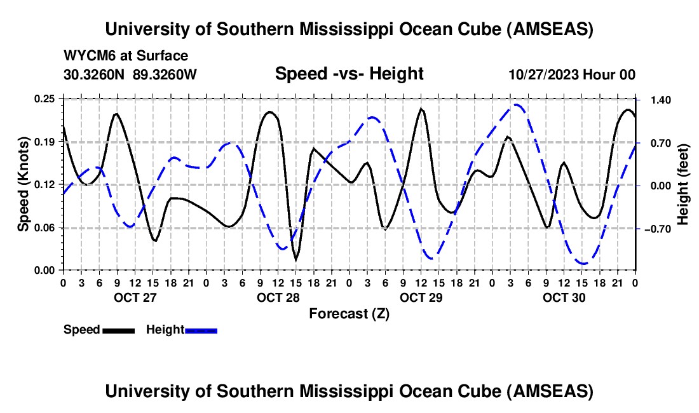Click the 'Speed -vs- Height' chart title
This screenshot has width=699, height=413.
349,74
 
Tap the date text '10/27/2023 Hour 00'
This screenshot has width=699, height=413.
572,74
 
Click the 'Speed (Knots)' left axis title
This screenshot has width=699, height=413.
24,184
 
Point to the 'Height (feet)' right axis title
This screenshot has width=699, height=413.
683,184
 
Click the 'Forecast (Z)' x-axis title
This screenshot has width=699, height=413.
349,313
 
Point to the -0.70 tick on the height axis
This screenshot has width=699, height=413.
656,229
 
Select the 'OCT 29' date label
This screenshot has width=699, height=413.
420,297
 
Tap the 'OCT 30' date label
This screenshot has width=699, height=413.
563,297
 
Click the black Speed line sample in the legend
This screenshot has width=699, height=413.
118,330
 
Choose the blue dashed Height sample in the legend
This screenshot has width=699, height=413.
201,330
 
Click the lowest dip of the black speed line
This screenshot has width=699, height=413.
295,260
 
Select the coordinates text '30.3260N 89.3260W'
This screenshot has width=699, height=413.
130,74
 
